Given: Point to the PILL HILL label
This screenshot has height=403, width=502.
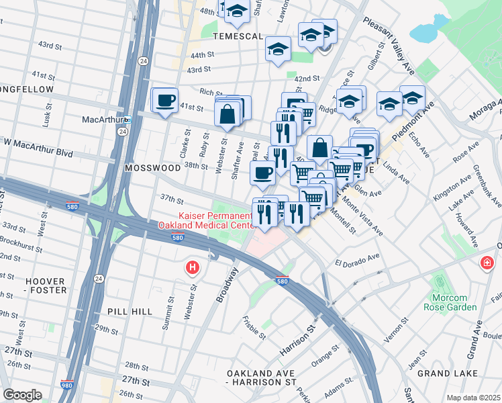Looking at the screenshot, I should [x=130, y=312].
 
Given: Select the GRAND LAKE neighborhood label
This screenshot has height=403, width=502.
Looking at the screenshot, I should [x=447, y=373].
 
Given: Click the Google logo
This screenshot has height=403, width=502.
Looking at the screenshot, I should [x=22, y=394].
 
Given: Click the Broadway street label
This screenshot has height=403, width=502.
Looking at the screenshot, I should [x=227, y=285].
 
